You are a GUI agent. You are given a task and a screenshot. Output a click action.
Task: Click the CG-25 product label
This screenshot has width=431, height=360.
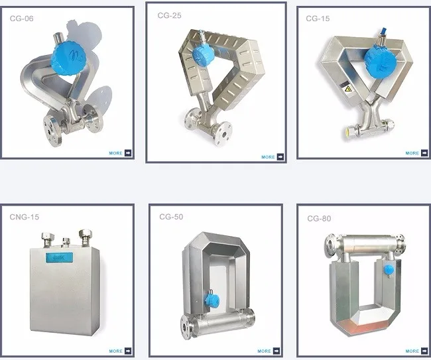168,15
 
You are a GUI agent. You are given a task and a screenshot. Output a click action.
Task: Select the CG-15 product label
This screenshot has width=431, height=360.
317,19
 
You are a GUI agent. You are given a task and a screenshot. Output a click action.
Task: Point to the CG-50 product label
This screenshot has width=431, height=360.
171,217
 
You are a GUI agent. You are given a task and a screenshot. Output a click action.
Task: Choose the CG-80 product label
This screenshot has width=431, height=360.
319,218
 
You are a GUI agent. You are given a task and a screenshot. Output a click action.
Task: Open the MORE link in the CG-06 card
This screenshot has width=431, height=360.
121,153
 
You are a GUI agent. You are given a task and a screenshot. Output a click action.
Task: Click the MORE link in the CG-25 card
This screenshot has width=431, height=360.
272,157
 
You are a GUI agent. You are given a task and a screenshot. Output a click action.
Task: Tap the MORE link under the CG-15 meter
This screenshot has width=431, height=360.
416,153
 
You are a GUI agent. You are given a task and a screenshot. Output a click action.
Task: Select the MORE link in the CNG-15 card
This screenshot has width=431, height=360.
121,351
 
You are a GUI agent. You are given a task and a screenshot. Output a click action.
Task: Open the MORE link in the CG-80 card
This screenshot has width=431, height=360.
416,351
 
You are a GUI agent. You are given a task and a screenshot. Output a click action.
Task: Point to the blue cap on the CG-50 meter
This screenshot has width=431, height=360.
212,298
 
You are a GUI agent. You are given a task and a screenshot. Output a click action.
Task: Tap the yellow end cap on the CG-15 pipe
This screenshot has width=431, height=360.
345,131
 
